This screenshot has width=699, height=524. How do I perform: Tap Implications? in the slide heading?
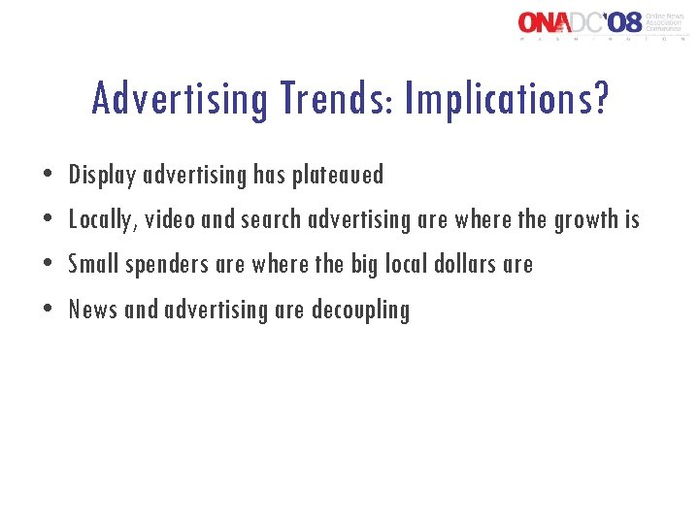(508, 98)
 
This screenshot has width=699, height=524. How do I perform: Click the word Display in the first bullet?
(103, 176)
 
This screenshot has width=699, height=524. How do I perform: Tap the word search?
(271, 220)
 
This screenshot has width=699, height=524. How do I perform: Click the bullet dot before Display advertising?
(50, 177)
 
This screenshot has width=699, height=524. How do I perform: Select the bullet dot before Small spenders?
(50, 265)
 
